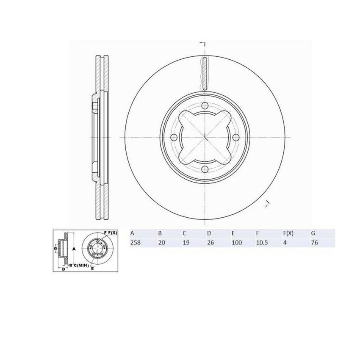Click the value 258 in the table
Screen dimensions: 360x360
pyautogui.click(x=136, y=243)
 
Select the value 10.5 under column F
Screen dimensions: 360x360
pyautogui.click(x=261, y=243)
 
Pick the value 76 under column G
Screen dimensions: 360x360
pyautogui.click(x=314, y=243)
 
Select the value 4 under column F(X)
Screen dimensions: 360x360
pyautogui.click(x=284, y=243)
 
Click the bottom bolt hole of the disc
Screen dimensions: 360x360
pyautogui.click(x=205, y=169)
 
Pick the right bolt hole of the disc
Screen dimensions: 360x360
pyautogui.click(x=236, y=138)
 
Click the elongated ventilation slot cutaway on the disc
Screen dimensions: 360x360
pyautogui.click(x=204, y=72)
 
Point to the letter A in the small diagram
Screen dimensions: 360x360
pyautogui.click(x=74, y=249)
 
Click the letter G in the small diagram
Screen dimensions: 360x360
pyautogui.click(x=55, y=248)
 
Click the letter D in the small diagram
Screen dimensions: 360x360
pyautogui.click(x=63, y=269)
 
